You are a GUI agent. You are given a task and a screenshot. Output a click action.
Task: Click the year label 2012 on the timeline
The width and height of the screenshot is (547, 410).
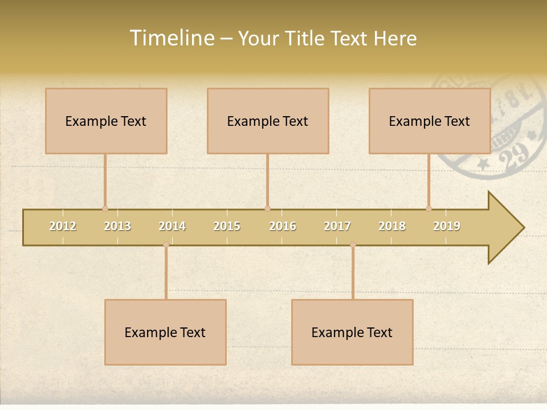[63, 226]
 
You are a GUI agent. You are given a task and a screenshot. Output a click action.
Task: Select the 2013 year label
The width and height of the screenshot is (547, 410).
[117, 226]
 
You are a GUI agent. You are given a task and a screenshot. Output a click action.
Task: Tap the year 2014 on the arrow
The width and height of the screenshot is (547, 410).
[172, 226]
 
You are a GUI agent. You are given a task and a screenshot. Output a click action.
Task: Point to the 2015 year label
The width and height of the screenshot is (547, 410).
[227, 226]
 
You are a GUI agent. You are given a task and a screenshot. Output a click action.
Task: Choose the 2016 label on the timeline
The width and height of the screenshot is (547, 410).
[283, 226]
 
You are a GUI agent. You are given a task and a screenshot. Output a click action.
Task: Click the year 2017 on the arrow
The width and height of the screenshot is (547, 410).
[337, 226]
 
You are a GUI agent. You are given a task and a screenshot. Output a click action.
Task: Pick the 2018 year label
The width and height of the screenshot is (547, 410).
[392, 226]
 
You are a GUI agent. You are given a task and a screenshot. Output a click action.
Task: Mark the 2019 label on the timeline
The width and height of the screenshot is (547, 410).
[447, 226]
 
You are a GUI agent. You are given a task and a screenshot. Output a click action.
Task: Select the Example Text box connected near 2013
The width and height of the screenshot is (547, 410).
[106, 121]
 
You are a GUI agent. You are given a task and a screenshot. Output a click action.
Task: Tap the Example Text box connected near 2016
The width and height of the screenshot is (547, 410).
[268, 121]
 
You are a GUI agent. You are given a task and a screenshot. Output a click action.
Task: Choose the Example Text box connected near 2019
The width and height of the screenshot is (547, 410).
[430, 121]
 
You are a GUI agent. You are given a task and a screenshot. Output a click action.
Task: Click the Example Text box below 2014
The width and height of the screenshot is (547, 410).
[165, 332]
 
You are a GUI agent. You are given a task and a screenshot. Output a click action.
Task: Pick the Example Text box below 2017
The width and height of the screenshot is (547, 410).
[352, 332]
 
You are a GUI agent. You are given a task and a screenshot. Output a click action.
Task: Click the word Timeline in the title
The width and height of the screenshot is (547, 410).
[171, 38]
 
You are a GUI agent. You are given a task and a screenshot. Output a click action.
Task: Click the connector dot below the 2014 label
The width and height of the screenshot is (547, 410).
[166, 245]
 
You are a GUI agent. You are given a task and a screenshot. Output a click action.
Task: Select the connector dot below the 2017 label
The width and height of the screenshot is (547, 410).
[353, 245]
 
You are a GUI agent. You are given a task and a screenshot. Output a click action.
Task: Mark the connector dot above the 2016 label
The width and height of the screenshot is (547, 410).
[267, 208]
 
